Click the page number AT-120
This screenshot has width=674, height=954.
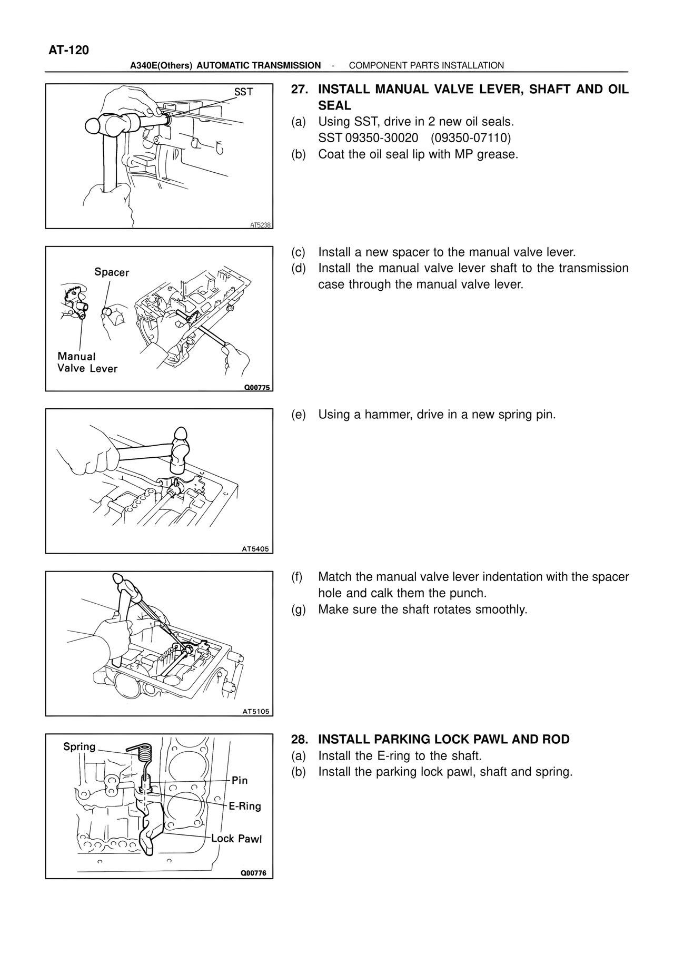click(68, 50)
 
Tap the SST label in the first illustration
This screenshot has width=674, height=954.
click(243, 92)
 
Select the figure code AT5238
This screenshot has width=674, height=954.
click(260, 225)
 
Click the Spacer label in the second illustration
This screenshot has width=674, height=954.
click(112, 272)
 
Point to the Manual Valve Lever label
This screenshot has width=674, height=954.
click(87, 362)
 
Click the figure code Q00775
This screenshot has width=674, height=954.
click(256, 388)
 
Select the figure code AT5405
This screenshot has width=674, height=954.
click(255, 549)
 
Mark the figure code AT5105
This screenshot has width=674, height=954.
click(255, 711)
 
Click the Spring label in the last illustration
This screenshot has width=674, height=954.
click(80, 746)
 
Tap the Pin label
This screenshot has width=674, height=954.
click(240, 780)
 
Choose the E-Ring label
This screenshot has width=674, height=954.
click(245, 806)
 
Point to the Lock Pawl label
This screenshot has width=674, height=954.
click(236, 839)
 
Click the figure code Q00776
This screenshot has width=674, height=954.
click(253, 873)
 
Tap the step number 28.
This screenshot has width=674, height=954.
click(299, 740)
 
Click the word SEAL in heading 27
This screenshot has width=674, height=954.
click(334, 105)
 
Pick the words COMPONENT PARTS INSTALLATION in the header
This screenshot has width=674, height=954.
click(427, 65)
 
